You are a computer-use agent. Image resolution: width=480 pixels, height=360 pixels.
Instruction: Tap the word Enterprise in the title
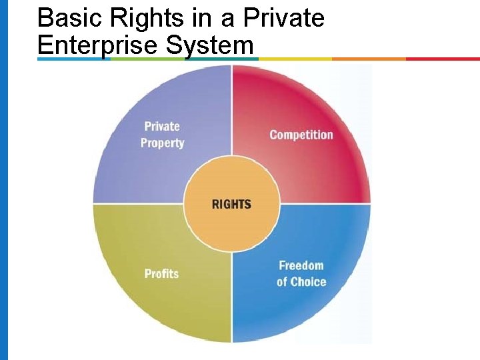coord(98,45)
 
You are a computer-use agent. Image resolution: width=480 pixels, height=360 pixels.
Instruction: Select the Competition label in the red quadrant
coord(301,135)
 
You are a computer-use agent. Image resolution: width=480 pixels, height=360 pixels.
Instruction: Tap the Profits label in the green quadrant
coord(161,273)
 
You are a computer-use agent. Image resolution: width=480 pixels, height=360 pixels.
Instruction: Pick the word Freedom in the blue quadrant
coord(301,265)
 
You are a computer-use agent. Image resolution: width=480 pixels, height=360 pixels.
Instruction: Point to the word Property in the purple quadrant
coord(162,143)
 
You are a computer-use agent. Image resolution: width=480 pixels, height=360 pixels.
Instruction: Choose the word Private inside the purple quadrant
coord(162,126)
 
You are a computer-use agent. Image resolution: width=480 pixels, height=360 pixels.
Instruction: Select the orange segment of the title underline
coord(369,59)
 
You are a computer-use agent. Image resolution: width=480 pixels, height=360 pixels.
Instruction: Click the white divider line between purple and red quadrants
coord(231,113)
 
